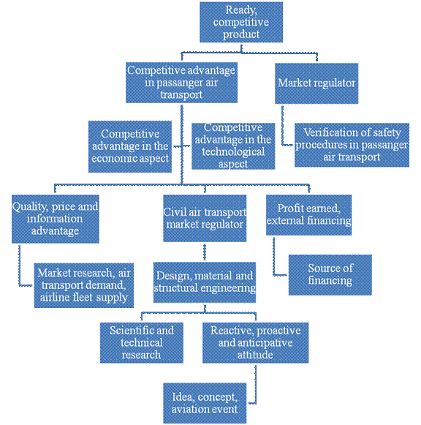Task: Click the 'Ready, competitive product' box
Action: coord(241,22)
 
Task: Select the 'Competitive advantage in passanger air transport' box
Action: coord(181,83)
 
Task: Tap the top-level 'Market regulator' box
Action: coord(316,83)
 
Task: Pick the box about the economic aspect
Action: coord(130,146)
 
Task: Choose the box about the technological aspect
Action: coord(233,146)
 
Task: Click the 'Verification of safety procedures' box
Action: coord(352,145)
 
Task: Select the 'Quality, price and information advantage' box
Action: coord(56,219)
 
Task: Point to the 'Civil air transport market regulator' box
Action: coord(205,218)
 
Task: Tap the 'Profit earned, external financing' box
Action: coord(309,215)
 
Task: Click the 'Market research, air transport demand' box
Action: coord(83,285)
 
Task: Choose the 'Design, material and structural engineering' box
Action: coord(205,282)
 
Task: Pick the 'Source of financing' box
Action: coord(330,275)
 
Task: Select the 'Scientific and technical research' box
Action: coord(142,342)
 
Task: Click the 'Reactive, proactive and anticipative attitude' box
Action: coord(256,342)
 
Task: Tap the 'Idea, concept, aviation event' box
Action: coord(205,403)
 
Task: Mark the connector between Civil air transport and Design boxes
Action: coord(205,252)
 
